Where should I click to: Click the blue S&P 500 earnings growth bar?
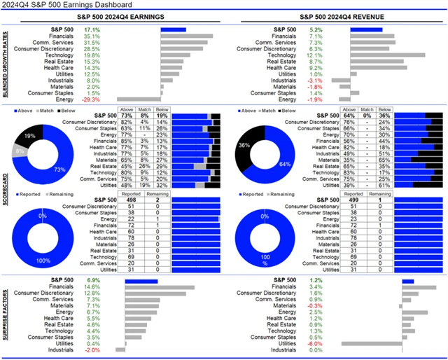coord(173,29)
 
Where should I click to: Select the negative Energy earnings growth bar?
coord(139,99)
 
